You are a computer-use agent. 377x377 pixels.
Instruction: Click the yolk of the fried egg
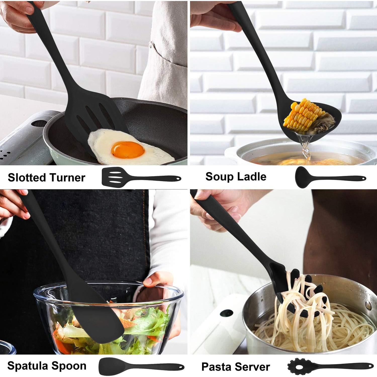128,149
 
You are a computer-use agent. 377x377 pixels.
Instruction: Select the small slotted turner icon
141,176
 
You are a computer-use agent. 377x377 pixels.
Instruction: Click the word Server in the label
254,367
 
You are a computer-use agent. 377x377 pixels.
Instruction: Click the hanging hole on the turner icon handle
178,179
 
